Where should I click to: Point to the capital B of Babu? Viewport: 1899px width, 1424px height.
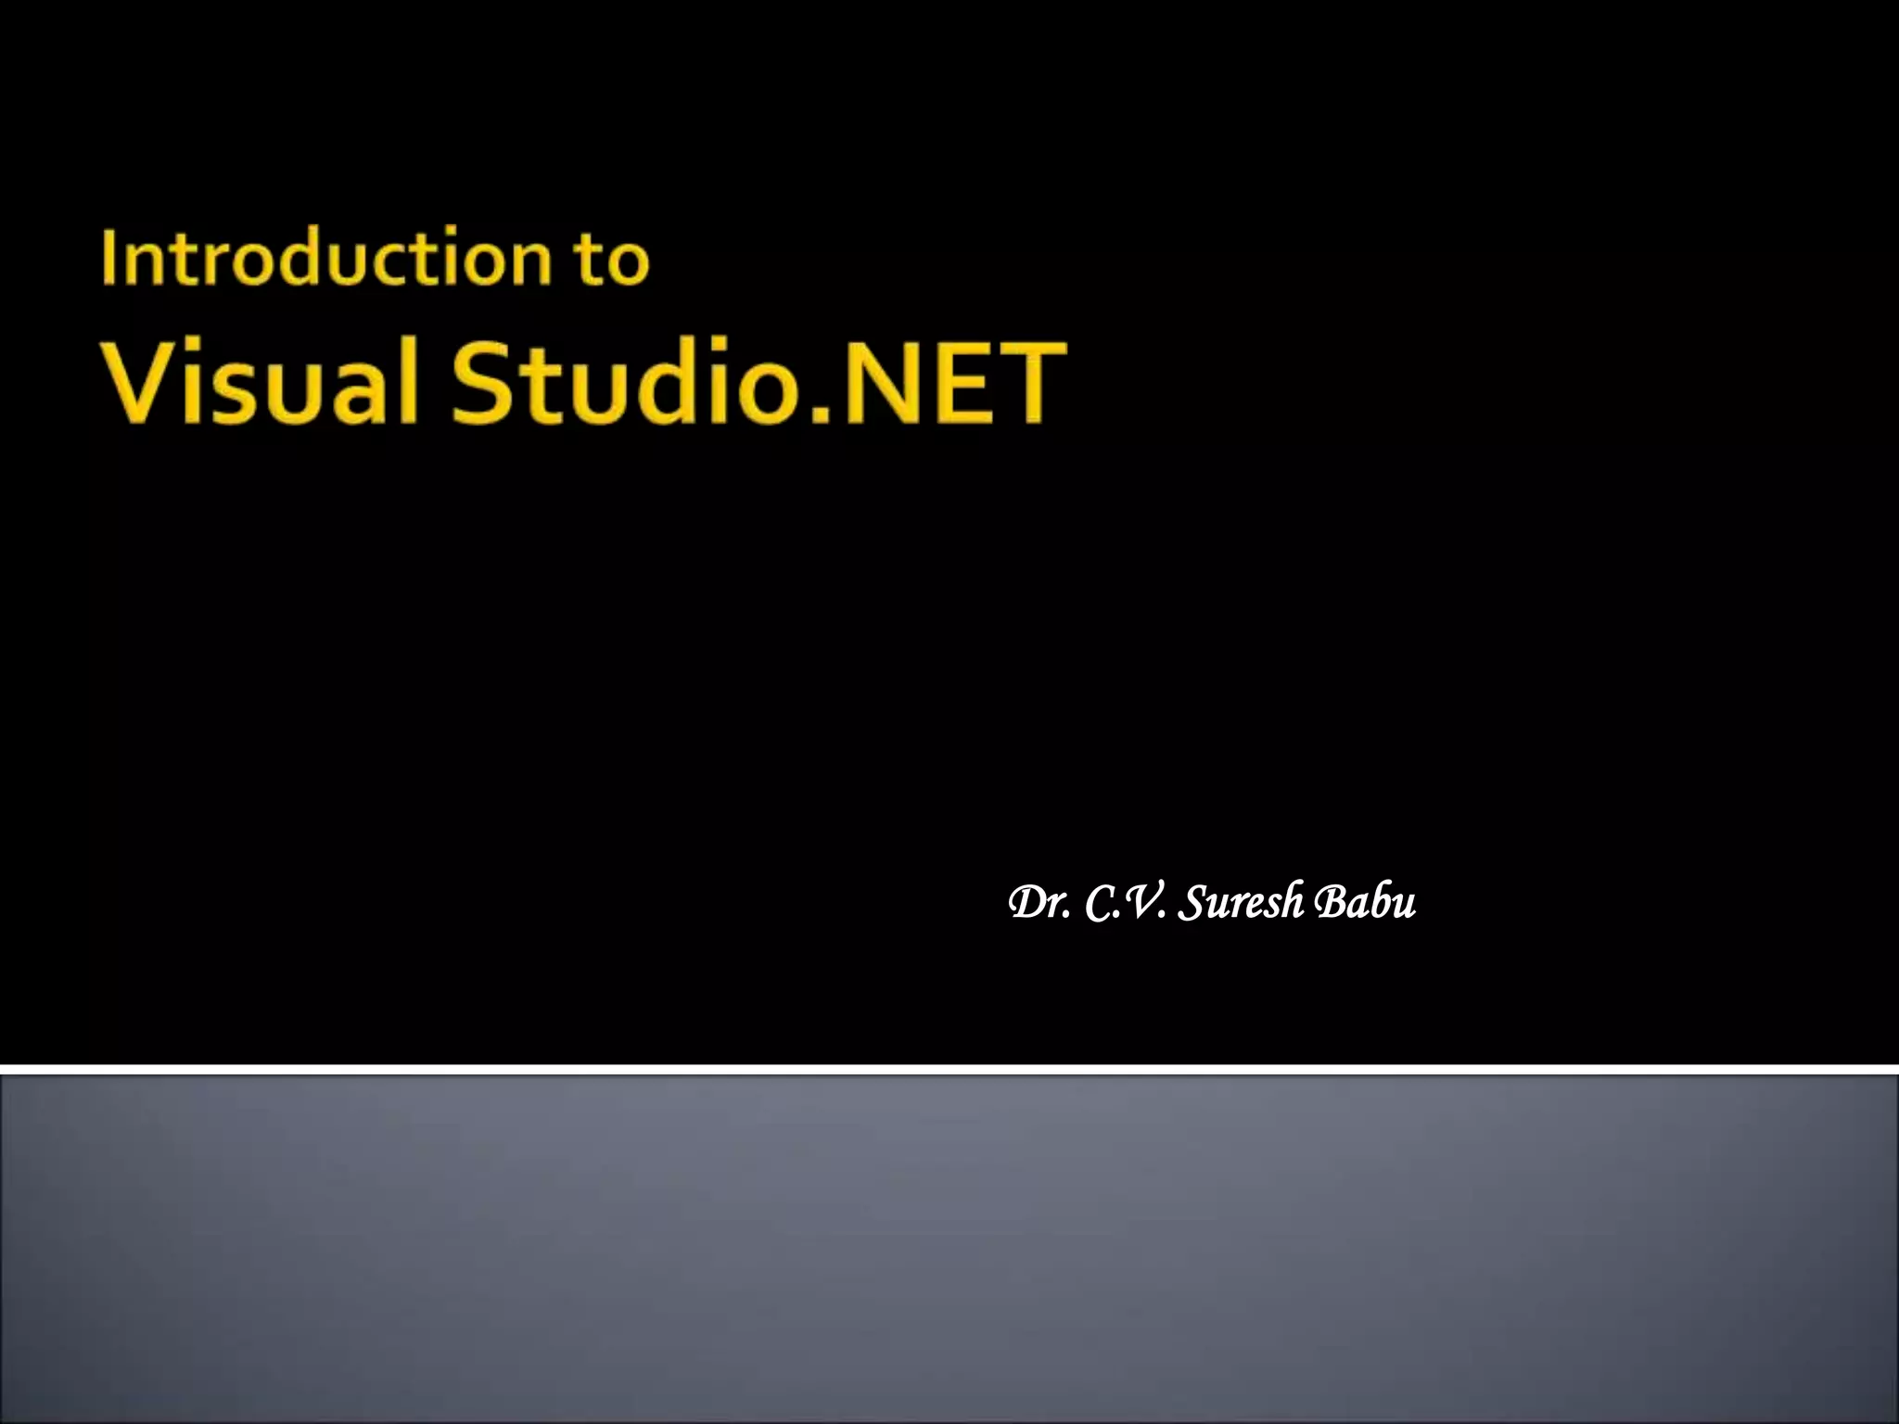[x=1332, y=902]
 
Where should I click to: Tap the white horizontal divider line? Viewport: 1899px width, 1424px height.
[x=949, y=1070]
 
